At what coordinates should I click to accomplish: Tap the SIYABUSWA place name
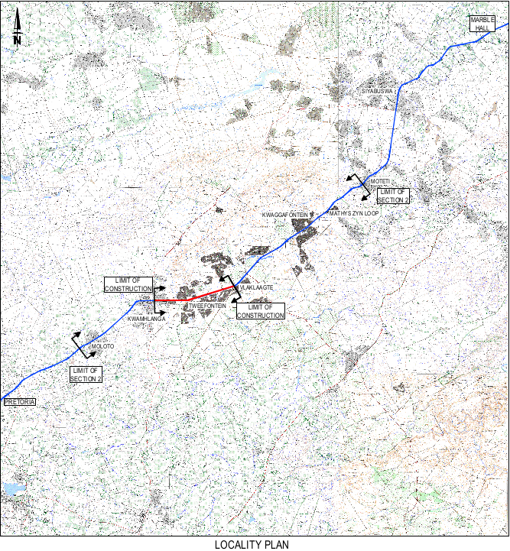(378, 91)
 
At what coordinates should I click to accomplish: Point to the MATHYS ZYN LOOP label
(354, 213)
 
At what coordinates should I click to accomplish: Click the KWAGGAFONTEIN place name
(285, 216)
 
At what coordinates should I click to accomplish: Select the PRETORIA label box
(19, 402)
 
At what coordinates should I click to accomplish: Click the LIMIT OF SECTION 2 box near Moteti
(393, 195)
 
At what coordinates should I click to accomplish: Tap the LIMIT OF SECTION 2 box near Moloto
(86, 374)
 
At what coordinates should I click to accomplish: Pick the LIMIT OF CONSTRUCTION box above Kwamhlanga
(128, 284)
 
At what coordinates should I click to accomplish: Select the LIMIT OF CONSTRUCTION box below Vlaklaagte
(260, 311)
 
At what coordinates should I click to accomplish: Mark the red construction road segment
(194, 297)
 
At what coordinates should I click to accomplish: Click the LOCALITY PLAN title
(253, 544)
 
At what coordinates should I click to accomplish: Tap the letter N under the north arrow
(17, 40)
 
